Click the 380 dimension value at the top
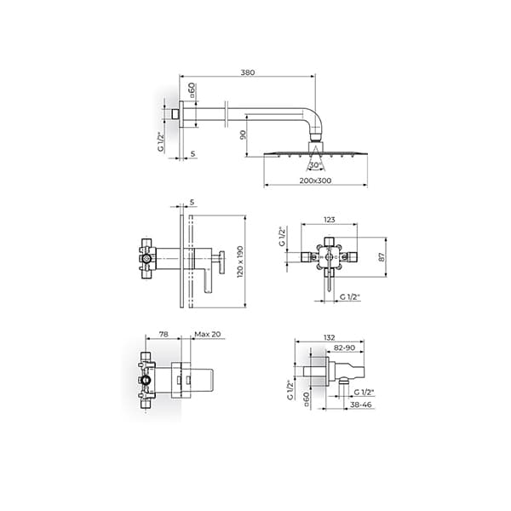[248, 72]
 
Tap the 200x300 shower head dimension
[315, 181]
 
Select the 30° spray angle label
[315, 165]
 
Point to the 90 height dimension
[243, 135]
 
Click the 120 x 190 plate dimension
[240, 261]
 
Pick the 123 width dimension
[329, 220]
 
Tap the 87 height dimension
[382, 257]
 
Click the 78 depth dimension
[164, 334]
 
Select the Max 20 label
[208, 334]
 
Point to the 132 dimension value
[330, 337]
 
